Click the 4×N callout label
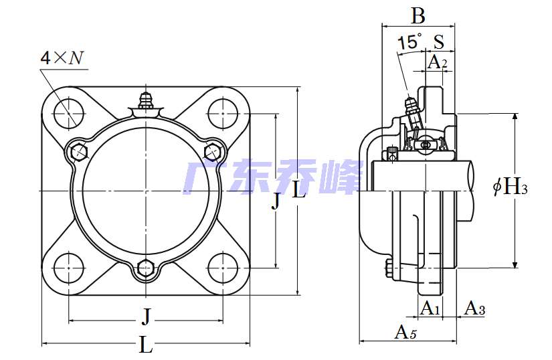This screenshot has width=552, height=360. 62,58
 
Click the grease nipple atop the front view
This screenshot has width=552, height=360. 146,102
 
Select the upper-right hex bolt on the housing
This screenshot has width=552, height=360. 212,151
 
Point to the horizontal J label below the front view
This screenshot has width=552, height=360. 146,314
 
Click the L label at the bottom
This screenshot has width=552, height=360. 146,345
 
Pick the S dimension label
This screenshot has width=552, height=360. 439,42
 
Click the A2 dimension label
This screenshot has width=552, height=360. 437,62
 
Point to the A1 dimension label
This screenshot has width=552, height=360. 430,308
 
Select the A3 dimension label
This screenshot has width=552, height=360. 474,308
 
